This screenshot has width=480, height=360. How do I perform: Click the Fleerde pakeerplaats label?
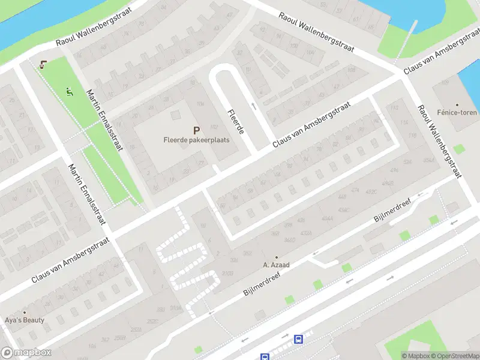tap(196, 140)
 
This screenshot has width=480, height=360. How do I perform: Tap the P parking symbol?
tap(196, 130)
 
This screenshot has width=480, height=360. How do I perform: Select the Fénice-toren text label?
tap(457, 112)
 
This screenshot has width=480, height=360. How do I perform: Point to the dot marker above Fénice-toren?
tap(457, 104)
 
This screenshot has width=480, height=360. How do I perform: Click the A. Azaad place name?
tap(276, 265)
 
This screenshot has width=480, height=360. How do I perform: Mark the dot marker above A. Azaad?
tap(276, 257)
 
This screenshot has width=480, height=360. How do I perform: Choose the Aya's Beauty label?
tap(25, 320)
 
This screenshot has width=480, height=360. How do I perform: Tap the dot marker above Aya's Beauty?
tap(25, 313)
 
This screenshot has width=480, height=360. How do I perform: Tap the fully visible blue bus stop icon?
tap(298, 340)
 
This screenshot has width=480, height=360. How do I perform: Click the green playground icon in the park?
tap(70, 92)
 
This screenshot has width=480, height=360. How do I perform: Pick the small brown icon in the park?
tap(42, 65)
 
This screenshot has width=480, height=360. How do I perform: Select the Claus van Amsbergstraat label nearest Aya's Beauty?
tap(70, 260)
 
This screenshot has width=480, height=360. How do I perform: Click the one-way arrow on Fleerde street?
tap(253, 106)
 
